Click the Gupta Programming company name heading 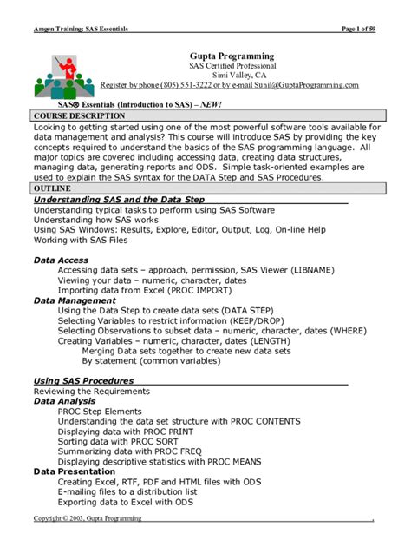[x=232, y=56]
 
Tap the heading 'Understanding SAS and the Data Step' [x=119, y=200]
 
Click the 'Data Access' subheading [x=61, y=260]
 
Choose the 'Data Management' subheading [x=75, y=300]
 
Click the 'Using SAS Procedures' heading [x=83, y=380]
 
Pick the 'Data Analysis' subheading [x=65, y=401]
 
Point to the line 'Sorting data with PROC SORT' [x=117, y=441]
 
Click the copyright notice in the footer [x=88, y=518]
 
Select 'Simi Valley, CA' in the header [x=232, y=76]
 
